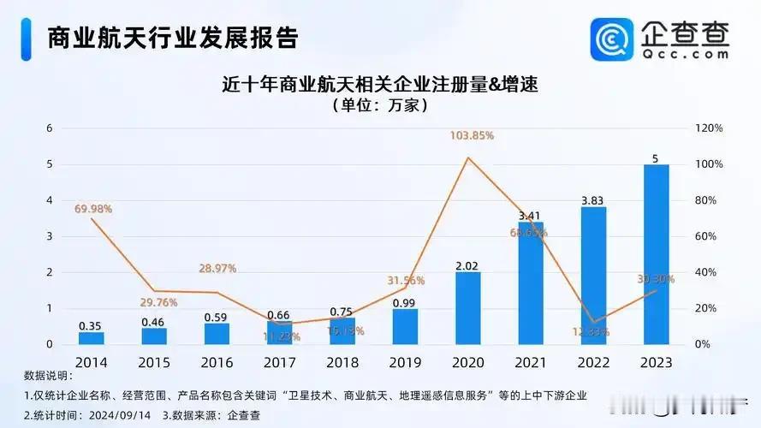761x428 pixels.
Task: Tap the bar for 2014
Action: coord(91,338)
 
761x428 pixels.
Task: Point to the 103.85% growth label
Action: coord(470,136)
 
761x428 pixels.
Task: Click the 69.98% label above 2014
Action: coord(93,209)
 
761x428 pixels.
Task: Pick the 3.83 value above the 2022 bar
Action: coord(593,199)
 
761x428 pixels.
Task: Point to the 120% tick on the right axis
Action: coord(710,128)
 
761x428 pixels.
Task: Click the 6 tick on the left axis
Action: coord(49,128)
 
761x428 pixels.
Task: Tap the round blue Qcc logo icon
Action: coord(612,39)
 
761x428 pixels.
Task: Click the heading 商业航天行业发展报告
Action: coord(171,38)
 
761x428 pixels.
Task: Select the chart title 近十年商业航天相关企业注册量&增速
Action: coord(379,84)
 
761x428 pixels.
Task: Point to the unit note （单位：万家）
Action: coord(379,106)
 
